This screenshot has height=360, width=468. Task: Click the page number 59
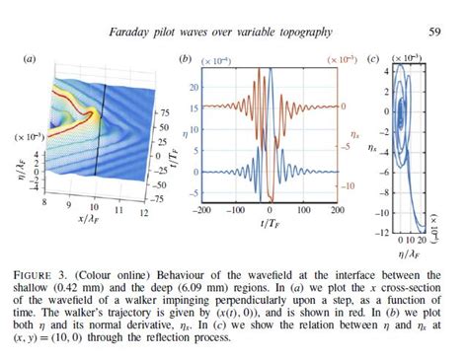point(436,31)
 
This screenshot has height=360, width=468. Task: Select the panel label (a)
point(30,60)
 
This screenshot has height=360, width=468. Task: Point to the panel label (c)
point(373,60)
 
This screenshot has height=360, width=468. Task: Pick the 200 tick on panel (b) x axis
point(336,211)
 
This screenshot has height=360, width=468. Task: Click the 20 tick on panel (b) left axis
point(195,86)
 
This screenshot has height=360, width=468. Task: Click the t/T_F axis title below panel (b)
point(270,224)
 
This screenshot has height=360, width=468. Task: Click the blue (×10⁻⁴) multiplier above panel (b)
point(218,61)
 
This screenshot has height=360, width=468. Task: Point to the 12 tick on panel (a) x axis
point(144,213)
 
